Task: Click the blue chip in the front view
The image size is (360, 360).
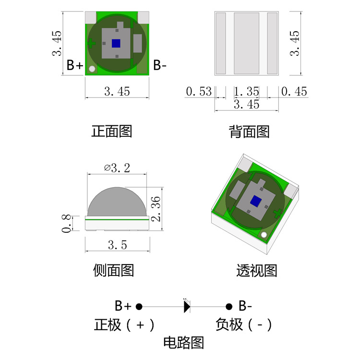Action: [x=116, y=43]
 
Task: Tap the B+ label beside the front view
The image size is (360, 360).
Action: [x=74, y=65]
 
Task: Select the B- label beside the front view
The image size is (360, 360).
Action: [x=160, y=65]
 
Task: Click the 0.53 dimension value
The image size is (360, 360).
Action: [x=198, y=91]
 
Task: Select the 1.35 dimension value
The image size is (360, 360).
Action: [x=246, y=91]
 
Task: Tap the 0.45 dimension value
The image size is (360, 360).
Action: [x=294, y=91]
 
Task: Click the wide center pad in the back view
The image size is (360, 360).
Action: [x=246, y=43]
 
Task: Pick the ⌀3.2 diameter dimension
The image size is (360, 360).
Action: [x=117, y=168]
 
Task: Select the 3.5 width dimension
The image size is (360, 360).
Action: [x=117, y=245]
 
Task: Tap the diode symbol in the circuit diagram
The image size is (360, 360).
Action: [x=187, y=306]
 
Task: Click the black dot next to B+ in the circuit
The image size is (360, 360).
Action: [x=139, y=306]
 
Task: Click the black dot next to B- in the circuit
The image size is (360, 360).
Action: [x=229, y=306]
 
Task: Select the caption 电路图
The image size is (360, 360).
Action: [x=184, y=343]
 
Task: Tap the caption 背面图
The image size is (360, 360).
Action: [x=249, y=132]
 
